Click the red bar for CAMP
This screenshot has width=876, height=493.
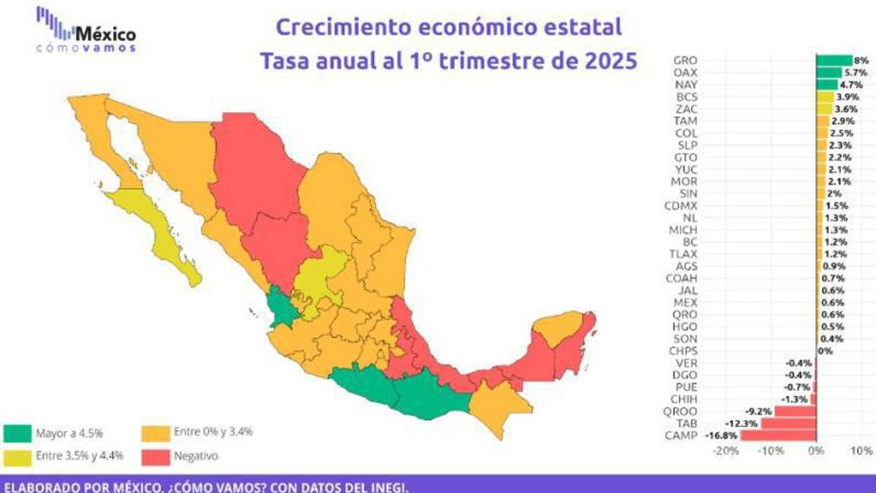pyautogui.click(x=778, y=436)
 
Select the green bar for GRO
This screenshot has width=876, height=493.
pyautogui.click(x=834, y=60)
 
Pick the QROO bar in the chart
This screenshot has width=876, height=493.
pyautogui.click(x=795, y=412)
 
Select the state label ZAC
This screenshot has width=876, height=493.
pyautogui.click(x=686, y=109)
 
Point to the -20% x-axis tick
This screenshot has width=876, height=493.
pyautogui.click(x=726, y=450)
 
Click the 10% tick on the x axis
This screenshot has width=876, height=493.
pyautogui.click(x=861, y=450)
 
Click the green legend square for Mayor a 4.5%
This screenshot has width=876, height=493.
pyautogui.click(x=15, y=434)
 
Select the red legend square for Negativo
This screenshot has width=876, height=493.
pyautogui.click(x=154, y=456)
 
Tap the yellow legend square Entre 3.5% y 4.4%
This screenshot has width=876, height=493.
pyautogui.click(x=15, y=456)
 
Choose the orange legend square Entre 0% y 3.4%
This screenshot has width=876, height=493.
pyautogui.click(x=154, y=434)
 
